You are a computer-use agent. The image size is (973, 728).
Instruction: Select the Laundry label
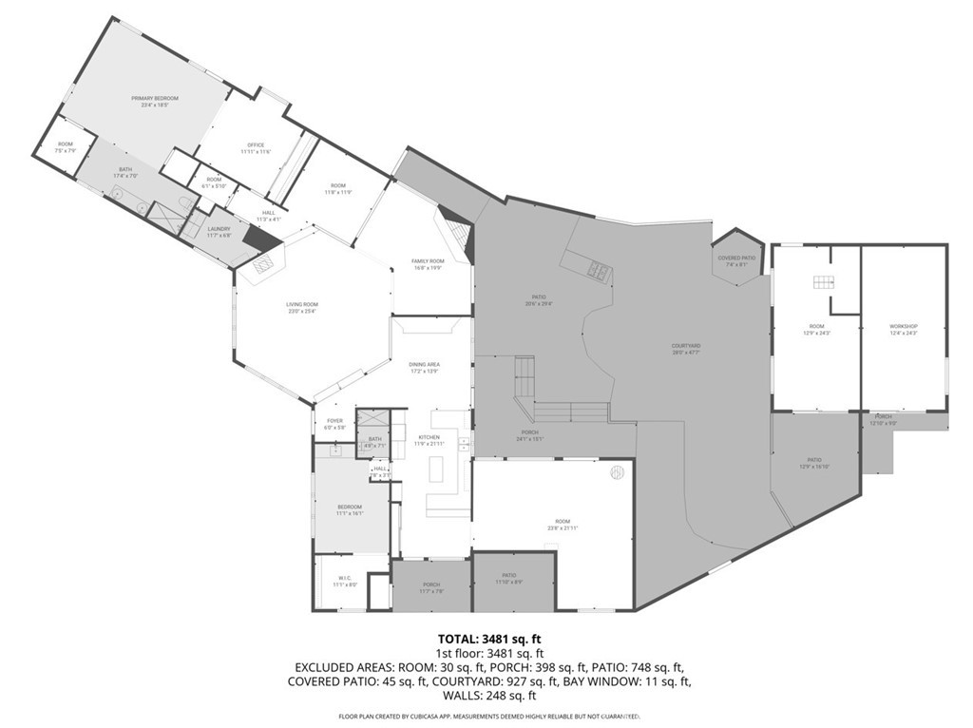pyautogui.click(x=219, y=229)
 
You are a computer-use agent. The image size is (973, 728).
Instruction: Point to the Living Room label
pyautogui.click(x=301, y=305)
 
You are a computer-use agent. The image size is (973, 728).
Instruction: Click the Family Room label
pyautogui.click(x=428, y=260)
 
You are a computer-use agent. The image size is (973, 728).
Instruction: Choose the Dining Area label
pyautogui.click(x=424, y=365)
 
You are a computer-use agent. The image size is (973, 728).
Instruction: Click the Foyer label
pyautogui.click(x=334, y=420)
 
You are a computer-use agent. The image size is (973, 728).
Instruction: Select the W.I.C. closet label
pyautogui.click(x=345, y=579)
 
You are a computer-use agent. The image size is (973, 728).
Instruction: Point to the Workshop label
pyautogui.click(x=903, y=326)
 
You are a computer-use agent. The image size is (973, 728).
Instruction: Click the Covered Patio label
pyautogui.click(x=736, y=258)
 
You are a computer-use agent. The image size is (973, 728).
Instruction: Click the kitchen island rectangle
pyautogui.click(x=437, y=469)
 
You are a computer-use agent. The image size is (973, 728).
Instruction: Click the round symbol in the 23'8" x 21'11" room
pyautogui.click(x=616, y=471)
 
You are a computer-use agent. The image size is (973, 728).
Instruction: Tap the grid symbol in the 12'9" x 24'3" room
pyautogui.click(x=822, y=281)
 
